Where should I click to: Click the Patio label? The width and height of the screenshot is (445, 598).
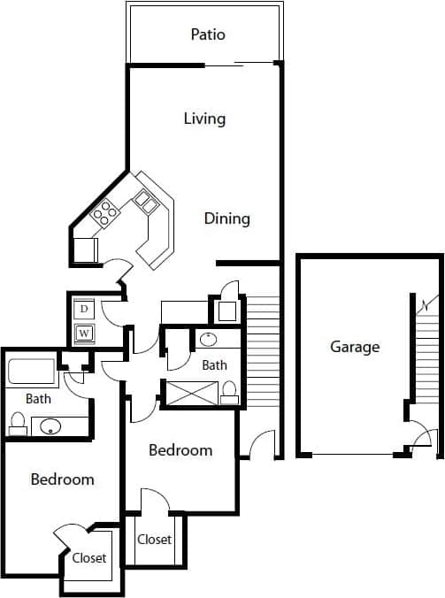pyautogui.click(x=208, y=35)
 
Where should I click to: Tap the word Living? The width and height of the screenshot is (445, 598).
pyautogui.click(x=204, y=119)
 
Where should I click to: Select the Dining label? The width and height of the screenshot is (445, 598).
pyautogui.click(x=227, y=218)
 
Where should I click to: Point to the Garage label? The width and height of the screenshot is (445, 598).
pyautogui.click(x=355, y=347)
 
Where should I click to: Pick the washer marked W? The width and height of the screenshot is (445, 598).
pyautogui.click(x=85, y=333)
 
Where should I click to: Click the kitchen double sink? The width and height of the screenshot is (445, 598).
pyautogui.click(x=144, y=205)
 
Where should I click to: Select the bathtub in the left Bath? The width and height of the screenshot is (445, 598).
pyautogui.click(x=33, y=372)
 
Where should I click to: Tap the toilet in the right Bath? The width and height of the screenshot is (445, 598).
pyautogui.click(x=229, y=390)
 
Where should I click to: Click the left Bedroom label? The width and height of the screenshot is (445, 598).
pyautogui.click(x=62, y=479)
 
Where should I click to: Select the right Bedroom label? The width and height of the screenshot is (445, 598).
pyautogui.click(x=180, y=450)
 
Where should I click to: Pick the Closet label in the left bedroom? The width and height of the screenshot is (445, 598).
pyautogui.click(x=89, y=558)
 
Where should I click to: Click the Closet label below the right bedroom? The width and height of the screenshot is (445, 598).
pyautogui.click(x=154, y=540)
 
